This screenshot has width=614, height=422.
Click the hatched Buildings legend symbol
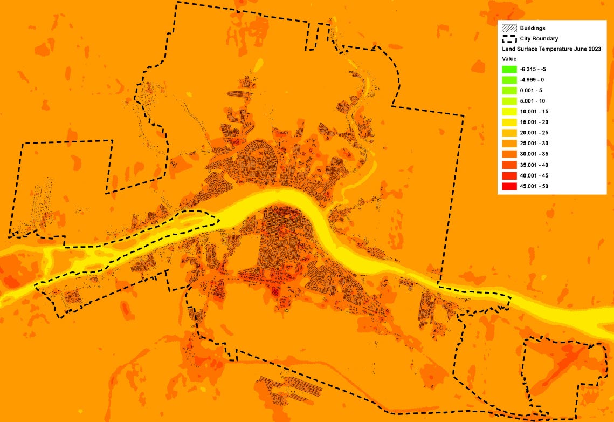coord(509,28)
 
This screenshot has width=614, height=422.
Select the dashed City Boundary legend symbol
coord(509,38)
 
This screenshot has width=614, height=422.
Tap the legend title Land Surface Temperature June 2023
coord(551,49)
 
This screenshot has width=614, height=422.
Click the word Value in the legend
coord(509,59)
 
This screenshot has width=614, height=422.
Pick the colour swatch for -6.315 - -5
coord(509,69)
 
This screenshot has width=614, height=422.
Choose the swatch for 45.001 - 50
coord(509,186)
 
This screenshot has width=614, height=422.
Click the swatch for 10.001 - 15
coord(509,112)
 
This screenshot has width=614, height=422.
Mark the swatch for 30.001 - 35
coord(509,154)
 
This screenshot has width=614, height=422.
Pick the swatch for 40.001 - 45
coord(509,176)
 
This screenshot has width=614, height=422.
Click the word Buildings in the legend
coord(533,28)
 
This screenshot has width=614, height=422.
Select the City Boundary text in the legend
coord(539,39)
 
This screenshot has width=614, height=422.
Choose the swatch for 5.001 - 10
coord(509,101)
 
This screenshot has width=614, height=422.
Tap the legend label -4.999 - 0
coord(532,80)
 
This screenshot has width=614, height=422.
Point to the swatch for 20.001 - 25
coord(509,133)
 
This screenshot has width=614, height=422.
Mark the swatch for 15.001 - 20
coord(509,122)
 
